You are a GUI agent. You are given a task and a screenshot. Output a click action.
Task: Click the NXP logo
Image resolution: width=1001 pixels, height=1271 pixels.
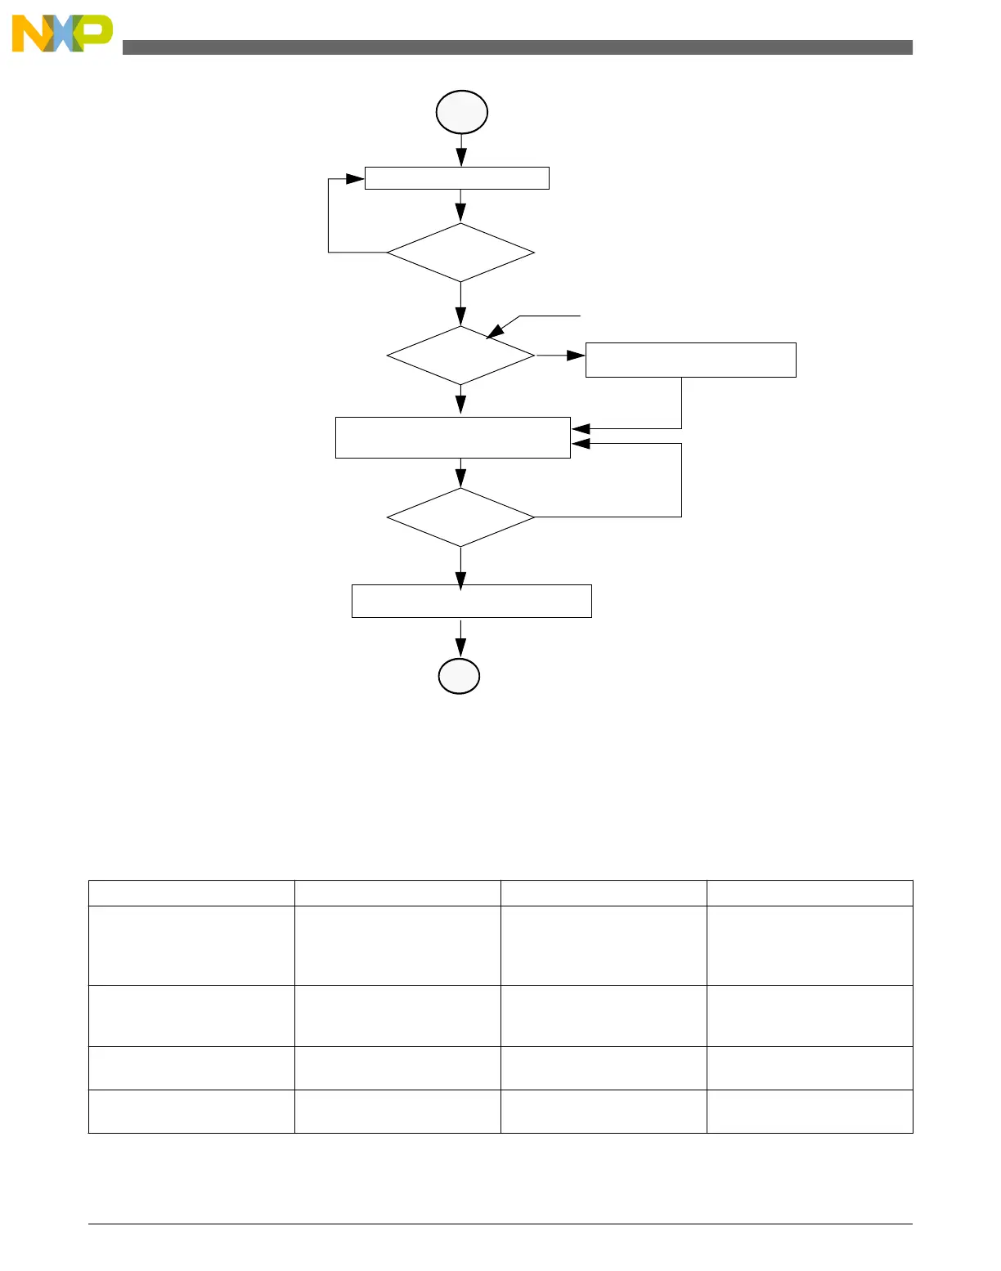click(62, 34)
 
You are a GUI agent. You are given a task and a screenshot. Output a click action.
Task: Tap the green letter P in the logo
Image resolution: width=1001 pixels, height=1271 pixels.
click(96, 32)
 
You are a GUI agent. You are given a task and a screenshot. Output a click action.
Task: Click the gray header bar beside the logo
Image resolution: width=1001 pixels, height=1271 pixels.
click(517, 47)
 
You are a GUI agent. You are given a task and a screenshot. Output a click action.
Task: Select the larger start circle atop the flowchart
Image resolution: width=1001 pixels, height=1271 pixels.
click(462, 112)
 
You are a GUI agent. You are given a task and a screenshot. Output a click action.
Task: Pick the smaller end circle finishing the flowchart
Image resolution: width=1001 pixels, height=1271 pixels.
click(459, 676)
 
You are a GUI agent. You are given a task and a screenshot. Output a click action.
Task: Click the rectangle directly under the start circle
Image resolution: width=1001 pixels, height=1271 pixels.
click(456, 178)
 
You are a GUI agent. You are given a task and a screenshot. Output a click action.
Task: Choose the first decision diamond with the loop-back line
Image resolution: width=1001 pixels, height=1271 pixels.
click(460, 253)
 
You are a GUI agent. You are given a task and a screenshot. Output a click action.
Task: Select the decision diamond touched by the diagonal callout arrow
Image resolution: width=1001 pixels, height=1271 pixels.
click(460, 356)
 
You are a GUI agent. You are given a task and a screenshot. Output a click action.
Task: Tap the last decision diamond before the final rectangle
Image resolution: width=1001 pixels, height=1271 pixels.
click(460, 517)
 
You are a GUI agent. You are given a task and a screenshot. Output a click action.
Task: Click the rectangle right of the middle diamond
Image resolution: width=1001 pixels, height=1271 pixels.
click(690, 360)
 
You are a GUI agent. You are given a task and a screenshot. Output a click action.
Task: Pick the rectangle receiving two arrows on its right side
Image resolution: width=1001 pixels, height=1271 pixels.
click(452, 437)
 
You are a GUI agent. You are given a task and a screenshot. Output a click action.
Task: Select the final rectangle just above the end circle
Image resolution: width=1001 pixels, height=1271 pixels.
click(471, 601)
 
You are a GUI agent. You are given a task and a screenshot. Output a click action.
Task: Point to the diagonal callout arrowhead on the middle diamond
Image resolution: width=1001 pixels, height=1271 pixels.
click(494, 331)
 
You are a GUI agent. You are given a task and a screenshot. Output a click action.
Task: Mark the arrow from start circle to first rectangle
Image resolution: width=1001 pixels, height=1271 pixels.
click(461, 152)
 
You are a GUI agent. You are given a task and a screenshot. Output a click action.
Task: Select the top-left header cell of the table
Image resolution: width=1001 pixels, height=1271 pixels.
click(191, 893)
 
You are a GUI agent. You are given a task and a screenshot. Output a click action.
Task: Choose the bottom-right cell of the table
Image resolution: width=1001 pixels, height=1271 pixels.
click(810, 1111)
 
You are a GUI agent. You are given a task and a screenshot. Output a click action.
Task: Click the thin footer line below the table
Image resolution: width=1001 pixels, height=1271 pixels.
click(500, 1224)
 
